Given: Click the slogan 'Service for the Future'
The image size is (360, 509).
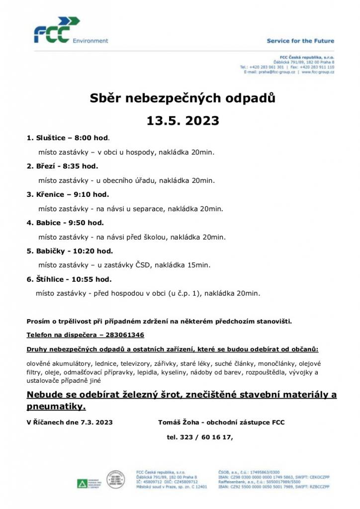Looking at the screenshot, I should [300, 41].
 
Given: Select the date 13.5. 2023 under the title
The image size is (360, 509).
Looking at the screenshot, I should [182, 121].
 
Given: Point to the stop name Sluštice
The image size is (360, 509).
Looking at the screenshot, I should [51, 138].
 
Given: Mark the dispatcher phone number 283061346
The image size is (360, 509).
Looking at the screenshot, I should [121, 335].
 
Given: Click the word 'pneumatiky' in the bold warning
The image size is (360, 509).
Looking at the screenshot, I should [55, 407].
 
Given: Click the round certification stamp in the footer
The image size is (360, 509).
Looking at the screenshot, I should [115, 480].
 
